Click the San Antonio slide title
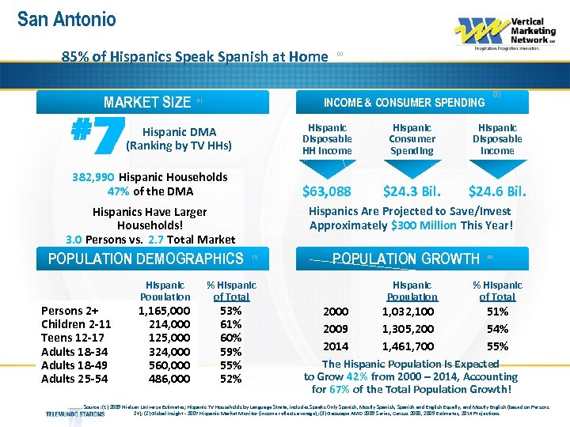[x=66, y=19]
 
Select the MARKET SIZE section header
[x=147, y=102]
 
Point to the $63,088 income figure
[x=327, y=191]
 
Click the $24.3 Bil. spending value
[x=412, y=191]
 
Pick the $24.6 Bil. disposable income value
[x=497, y=191]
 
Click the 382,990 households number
[x=93, y=177]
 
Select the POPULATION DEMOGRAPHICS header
[x=146, y=259]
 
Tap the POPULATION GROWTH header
[x=406, y=259]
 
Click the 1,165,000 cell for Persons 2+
[x=164, y=311]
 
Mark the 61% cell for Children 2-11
[x=231, y=324]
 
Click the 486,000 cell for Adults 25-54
[x=169, y=379]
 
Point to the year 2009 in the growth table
[x=335, y=329]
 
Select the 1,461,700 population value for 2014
[x=408, y=346]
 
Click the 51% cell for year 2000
[x=497, y=312]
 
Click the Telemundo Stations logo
[x=75, y=413]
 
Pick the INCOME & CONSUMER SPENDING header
[x=404, y=102]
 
